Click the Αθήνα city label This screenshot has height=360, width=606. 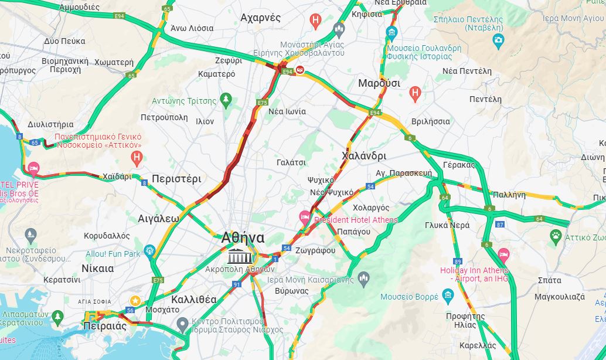pyautogui.click(x=243, y=238)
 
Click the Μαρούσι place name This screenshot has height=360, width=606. pyautogui.click(x=379, y=83)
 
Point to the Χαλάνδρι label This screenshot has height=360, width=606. pyautogui.click(x=363, y=157)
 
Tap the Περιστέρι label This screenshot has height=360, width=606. pyautogui.click(x=176, y=179)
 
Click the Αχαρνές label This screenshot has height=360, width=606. pyautogui.click(x=260, y=18)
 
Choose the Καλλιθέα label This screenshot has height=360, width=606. pyautogui.click(x=193, y=300)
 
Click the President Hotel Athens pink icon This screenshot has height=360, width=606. pyautogui.click(x=305, y=217)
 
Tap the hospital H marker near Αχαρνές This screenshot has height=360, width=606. pyautogui.click(x=316, y=22)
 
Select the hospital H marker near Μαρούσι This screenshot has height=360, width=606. pyautogui.click(x=415, y=92)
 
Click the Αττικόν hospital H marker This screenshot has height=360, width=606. pyautogui.click(x=137, y=157)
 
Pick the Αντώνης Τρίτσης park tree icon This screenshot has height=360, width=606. pyautogui.click(x=226, y=101)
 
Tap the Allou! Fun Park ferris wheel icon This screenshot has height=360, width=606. pyautogui.click(x=149, y=253)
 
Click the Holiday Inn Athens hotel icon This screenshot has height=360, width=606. pyautogui.click(x=503, y=255)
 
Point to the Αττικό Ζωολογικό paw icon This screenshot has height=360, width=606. pyautogui.click(x=556, y=237)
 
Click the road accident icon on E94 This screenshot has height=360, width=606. pyautogui.click(x=299, y=70)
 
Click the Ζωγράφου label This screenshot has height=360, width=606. pyautogui.click(x=315, y=250)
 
